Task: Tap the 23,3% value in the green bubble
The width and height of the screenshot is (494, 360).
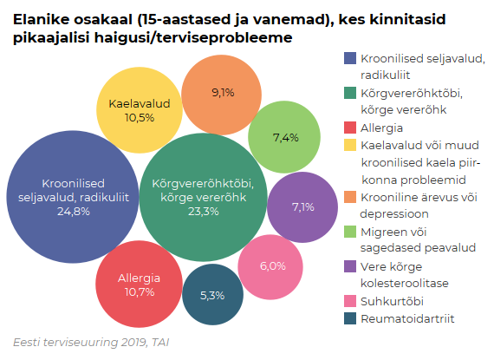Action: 202,211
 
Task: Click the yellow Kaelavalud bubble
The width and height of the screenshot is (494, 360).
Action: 139,109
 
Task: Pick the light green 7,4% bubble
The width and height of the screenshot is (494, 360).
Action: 285,137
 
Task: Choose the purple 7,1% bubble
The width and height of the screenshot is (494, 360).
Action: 302,206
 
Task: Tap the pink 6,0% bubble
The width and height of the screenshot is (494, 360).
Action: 273,265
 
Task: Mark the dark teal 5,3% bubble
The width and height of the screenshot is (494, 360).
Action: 212,295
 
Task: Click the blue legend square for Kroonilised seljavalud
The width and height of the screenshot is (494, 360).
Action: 350,59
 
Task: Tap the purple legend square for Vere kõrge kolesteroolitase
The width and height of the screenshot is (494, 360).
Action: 350,266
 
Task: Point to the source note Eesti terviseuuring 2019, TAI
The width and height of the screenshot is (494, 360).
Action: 91,342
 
